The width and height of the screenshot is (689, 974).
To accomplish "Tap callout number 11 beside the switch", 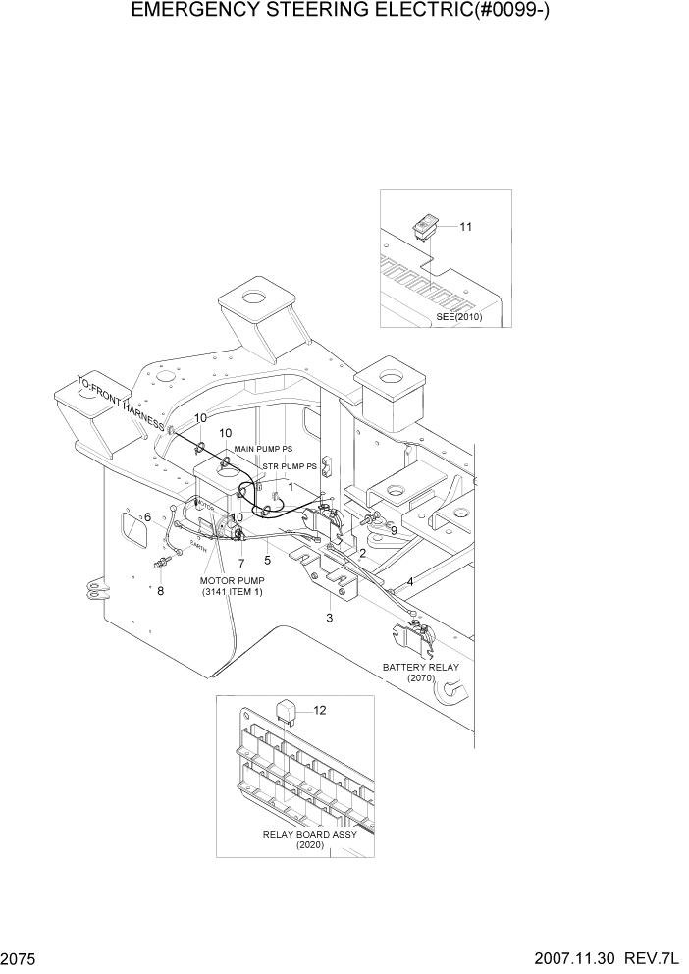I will pyautogui.click(x=466, y=227).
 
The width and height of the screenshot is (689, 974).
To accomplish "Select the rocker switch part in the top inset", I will pyautogui.click(x=427, y=228).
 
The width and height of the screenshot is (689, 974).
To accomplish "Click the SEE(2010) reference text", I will pyautogui.click(x=459, y=316).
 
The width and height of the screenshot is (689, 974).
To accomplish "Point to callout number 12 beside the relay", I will pyautogui.click(x=319, y=709).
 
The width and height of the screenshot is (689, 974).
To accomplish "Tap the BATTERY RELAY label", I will pyautogui.click(x=421, y=667).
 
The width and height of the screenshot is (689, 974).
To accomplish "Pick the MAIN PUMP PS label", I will pyautogui.click(x=263, y=449).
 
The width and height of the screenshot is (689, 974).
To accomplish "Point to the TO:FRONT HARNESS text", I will pyautogui.click(x=121, y=408).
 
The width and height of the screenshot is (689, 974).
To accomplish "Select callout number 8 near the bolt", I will pyautogui.click(x=161, y=591).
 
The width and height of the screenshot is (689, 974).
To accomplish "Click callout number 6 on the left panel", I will pyautogui.click(x=147, y=517).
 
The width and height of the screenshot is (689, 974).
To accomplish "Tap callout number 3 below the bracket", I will pyautogui.click(x=330, y=618).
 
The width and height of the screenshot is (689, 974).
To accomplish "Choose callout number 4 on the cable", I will pyautogui.click(x=409, y=582).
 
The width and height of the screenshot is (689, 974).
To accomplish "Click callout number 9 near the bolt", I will pyautogui.click(x=393, y=531).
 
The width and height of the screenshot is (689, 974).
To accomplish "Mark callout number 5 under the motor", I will pyautogui.click(x=267, y=561).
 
